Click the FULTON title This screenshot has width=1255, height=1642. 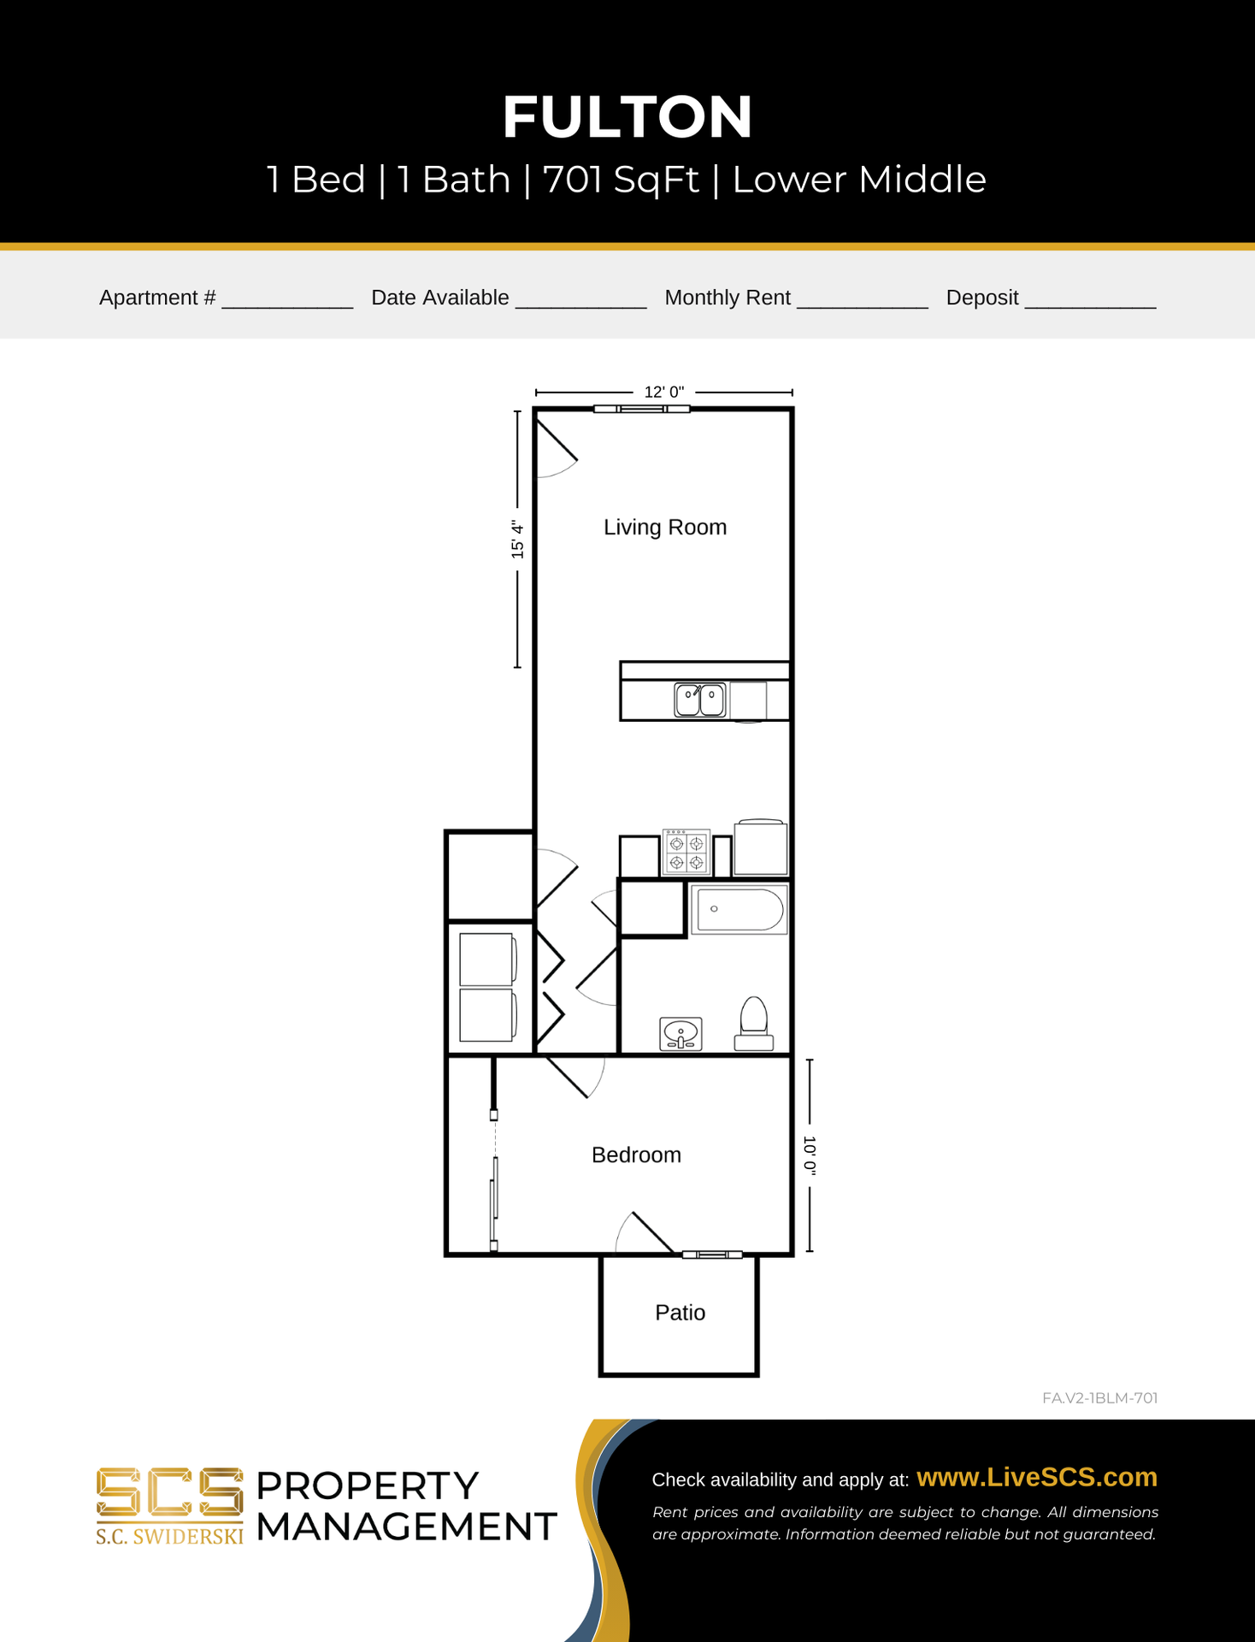coord(627,116)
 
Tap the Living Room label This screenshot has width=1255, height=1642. coord(665,527)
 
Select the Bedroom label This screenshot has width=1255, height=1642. coord(636,1155)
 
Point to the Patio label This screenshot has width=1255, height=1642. coord(680,1312)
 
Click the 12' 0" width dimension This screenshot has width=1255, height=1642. coord(664,392)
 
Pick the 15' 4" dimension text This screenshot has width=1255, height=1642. coord(517,539)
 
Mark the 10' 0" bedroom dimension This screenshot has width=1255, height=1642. coord(810,1156)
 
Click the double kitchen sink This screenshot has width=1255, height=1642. coord(700,700)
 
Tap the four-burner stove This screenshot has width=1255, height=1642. coord(686,853)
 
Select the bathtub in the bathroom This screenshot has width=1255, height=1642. coord(739,909)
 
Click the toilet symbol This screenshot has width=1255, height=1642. coord(754,1024)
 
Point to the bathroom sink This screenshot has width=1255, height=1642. coord(681,1033)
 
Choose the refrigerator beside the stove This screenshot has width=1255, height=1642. coord(761,847)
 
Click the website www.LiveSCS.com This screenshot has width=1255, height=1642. coord(1037,1477)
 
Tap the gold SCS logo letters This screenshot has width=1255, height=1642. coord(169,1492)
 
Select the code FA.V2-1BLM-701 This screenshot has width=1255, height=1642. coord(1100,1397)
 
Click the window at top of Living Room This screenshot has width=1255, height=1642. coord(642,409)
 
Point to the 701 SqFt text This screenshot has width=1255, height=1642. coord(621,180)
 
